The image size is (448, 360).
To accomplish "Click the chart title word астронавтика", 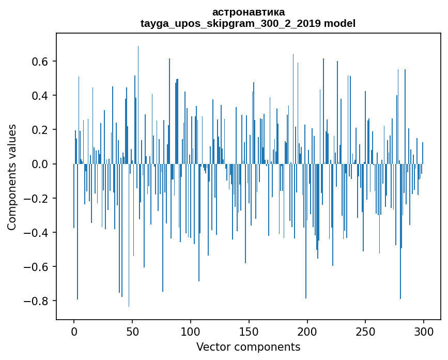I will (x=248, y=12).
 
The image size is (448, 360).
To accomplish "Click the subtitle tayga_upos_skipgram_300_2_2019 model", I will (x=248, y=23).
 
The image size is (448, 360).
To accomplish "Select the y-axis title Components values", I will (x=12, y=177).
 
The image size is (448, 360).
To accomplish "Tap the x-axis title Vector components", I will (x=248, y=347).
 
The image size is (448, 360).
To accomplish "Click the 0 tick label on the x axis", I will (x=74, y=331).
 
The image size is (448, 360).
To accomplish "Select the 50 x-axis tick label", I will (x=132, y=331).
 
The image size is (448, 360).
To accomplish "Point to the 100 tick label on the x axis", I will (x=191, y=331).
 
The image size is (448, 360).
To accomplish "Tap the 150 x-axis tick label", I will (x=249, y=331).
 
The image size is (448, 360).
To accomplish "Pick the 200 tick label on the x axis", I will (x=307, y=331).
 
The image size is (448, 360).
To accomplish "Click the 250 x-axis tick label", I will (x=366, y=331).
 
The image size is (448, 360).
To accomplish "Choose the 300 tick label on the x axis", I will (x=424, y=331).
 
